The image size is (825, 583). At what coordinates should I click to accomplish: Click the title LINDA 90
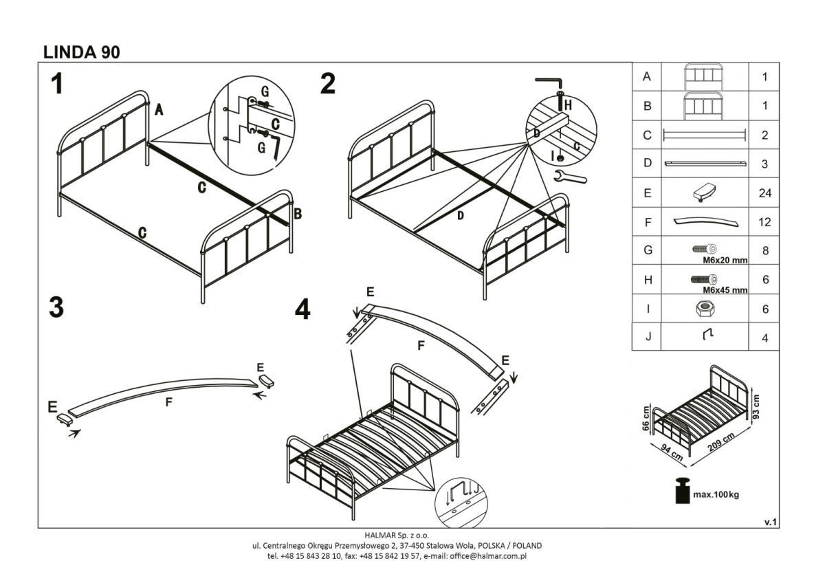81,52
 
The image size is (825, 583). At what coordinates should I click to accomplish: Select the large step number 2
328,84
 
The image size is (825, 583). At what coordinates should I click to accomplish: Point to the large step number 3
56,307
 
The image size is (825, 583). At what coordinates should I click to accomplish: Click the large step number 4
302,310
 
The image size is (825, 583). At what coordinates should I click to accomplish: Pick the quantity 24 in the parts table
764,193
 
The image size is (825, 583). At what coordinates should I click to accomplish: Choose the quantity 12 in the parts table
764,222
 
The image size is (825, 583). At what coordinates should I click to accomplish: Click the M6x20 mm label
725,261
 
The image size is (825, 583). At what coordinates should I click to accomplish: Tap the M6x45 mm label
725,289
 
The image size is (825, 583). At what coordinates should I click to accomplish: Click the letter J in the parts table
646,338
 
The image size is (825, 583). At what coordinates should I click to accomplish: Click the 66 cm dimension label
646,417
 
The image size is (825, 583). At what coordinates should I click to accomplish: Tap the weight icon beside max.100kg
681,492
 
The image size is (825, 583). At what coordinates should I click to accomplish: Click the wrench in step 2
570,177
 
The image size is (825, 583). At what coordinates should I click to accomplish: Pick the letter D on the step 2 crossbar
461,215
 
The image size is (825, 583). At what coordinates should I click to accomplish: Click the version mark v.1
771,522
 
